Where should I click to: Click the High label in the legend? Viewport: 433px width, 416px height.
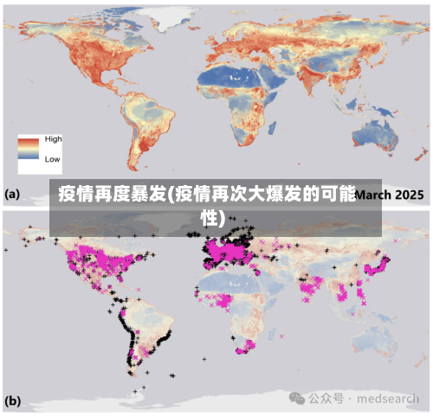(x=53, y=139)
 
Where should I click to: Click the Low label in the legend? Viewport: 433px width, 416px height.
(x=52, y=159)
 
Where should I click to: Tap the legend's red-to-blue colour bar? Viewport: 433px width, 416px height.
(x=29, y=149)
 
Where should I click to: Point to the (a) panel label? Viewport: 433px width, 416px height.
(x=12, y=195)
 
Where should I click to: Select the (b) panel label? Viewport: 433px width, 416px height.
(x=13, y=401)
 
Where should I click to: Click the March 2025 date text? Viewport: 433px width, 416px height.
(x=390, y=195)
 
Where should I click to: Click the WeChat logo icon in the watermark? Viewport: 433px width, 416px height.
(x=297, y=398)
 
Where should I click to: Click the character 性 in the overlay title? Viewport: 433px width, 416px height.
(x=208, y=217)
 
